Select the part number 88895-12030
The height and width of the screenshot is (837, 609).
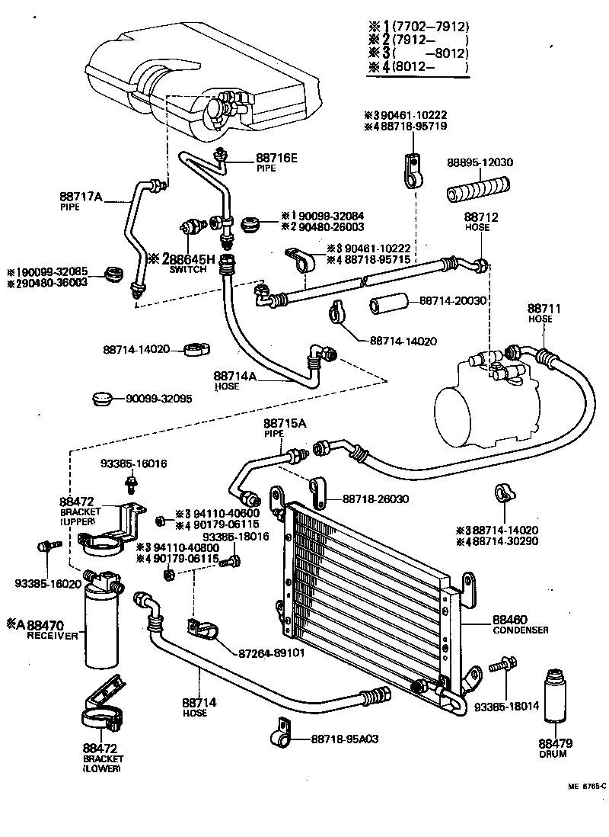pos(480,162)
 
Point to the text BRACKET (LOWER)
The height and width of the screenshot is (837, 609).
pos(102,765)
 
